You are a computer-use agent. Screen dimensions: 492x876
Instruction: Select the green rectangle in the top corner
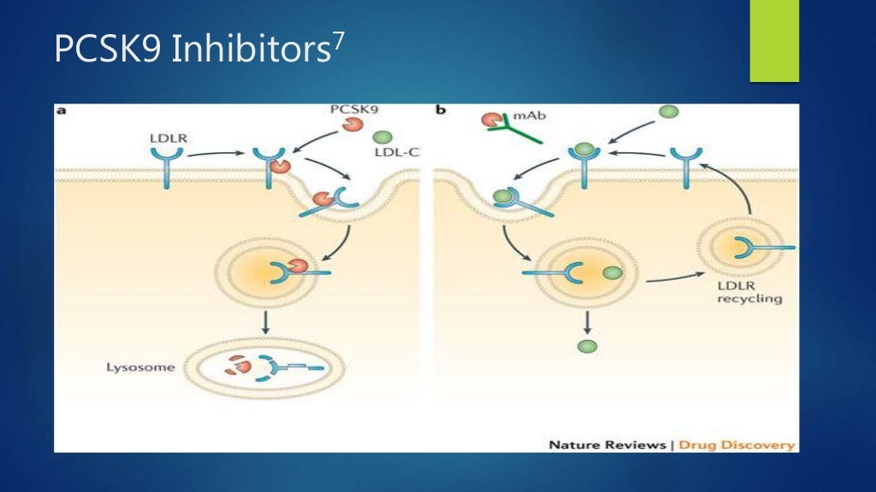(x=774, y=41)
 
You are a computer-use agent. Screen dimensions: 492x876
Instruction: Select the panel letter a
(x=61, y=111)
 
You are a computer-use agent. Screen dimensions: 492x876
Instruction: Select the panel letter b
(x=440, y=111)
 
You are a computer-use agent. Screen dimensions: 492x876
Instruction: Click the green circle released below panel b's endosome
(x=586, y=346)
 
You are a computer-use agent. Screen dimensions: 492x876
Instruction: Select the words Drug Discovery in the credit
(x=755, y=444)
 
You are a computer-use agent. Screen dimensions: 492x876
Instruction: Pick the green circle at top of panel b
(x=668, y=112)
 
